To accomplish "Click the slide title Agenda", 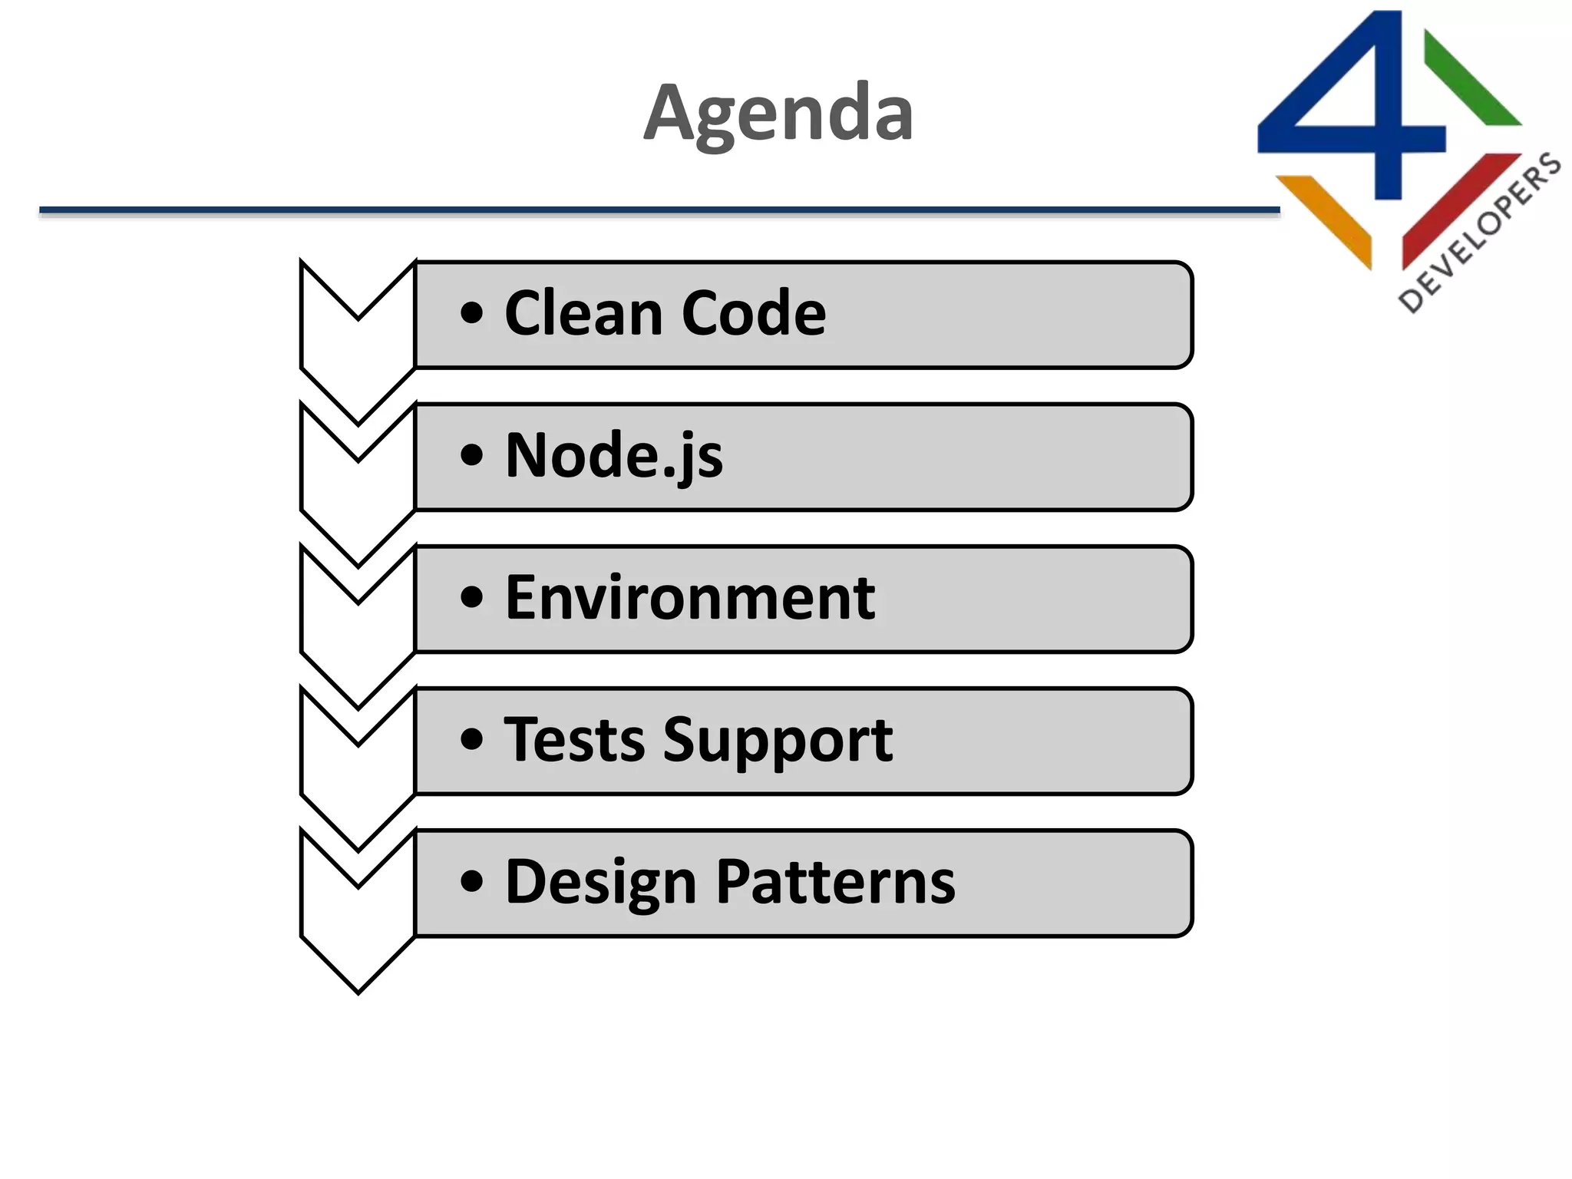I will tap(778, 114).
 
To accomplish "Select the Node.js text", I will tap(613, 455).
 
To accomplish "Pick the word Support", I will tap(778, 741).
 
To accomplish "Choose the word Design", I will tap(600, 883).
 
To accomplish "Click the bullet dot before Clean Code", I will tap(472, 313).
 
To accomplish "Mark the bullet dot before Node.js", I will tap(472, 455).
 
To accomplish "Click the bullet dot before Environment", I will tap(472, 597).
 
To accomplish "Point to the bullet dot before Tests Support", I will tap(472, 739).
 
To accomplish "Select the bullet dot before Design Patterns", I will tap(472, 881).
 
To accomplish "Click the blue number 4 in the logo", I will tap(1374, 115).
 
